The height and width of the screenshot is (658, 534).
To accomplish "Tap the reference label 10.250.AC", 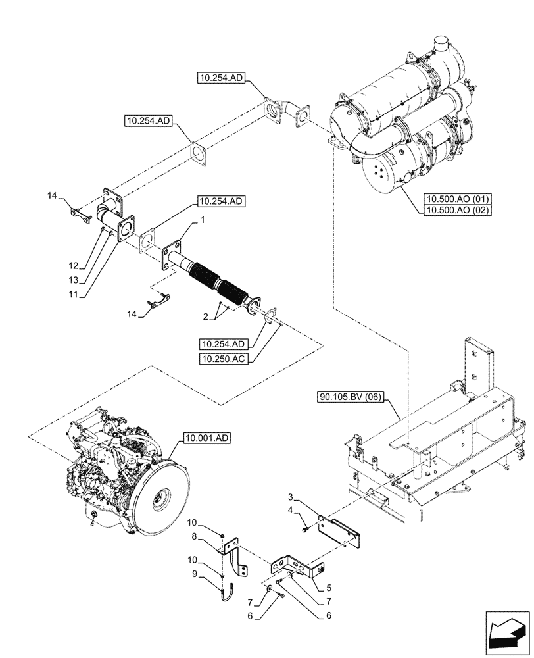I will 226,358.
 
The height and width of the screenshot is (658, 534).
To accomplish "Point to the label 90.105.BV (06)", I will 354,397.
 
